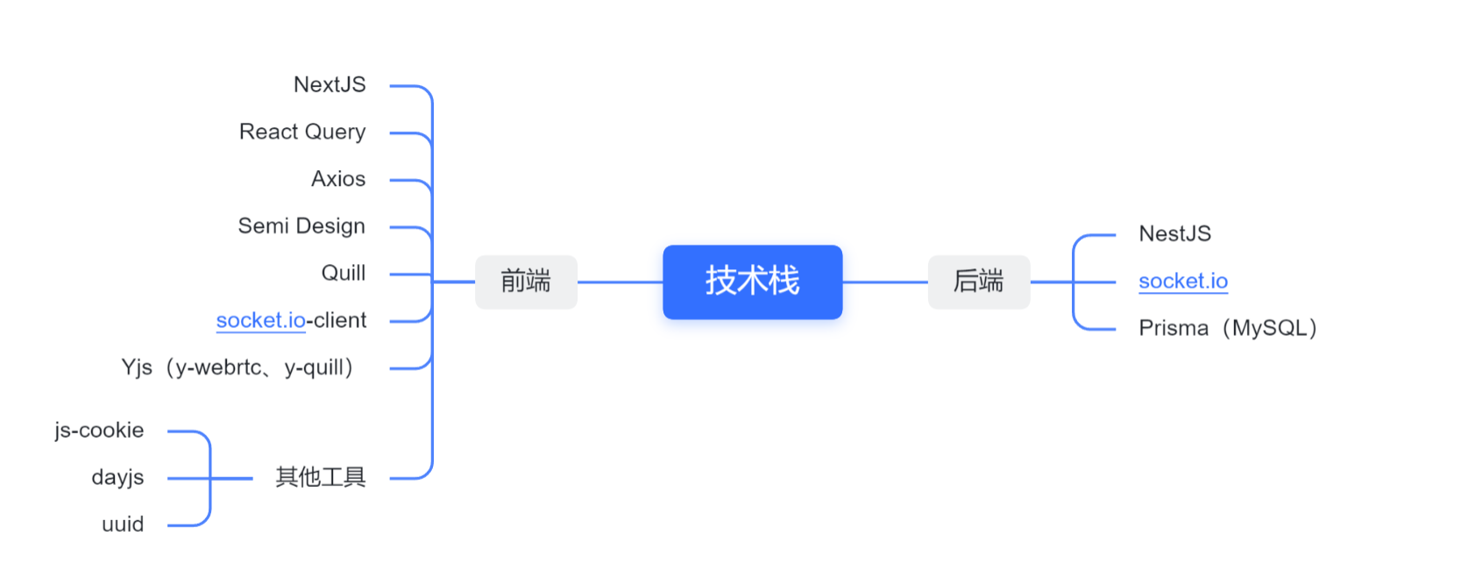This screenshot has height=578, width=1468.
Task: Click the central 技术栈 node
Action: pyautogui.click(x=752, y=282)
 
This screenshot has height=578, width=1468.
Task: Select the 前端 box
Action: pyautogui.click(x=526, y=282)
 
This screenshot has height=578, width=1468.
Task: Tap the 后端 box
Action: pyautogui.click(x=978, y=282)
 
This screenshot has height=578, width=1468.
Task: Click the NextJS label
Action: pyautogui.click(x=330, y=85)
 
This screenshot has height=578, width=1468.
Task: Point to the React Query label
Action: pyautogui.click(x=302, y=132)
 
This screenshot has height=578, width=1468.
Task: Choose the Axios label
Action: pyautogui.click(x=338, y=179)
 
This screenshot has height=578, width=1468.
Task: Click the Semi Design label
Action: pyautogui.click(x=301, y=226)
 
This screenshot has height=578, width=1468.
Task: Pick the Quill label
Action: pyautogui.click(x=344, y=274)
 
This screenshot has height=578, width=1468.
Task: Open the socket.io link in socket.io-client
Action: pyautogui.click(x=260, y=321)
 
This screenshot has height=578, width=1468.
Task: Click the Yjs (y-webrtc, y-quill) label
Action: pyautogui.click(x=238, y=367)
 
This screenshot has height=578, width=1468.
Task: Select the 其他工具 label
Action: pyautogui.click(x=321, y=477)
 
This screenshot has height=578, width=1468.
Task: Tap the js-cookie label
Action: pyautogui.click(x=99, y=431)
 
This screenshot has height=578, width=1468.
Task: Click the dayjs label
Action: pyautogui.click(x=117, y=478)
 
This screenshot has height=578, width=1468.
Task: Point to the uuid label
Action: pyautogui.click(x=123, y=524)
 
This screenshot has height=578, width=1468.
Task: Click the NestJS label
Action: pyautogui.click(x=1174, y=234)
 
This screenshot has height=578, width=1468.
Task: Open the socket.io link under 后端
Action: pyautogui.click(x=1182, y=282)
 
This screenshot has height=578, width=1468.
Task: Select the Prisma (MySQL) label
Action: pyautogui.click(x=1227, y=328)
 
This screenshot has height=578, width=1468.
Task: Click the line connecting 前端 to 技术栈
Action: pyautogui.click(x=620, y=282)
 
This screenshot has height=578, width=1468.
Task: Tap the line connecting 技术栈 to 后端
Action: pyautogui.click(x=885, y=282)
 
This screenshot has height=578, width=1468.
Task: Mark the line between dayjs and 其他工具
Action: pyautogui.click(x=232, y=478)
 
